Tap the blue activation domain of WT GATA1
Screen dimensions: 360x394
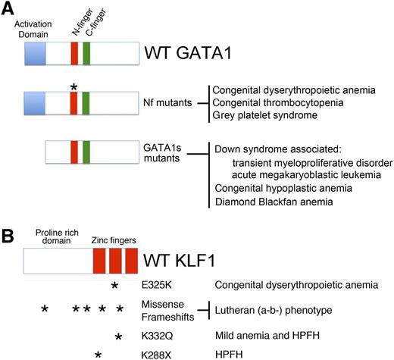coord(35,55)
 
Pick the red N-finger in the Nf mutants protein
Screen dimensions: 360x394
coord(73,102)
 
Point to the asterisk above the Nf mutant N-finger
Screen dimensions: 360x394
coord(73,88)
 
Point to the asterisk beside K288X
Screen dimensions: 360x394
coord(98,353)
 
